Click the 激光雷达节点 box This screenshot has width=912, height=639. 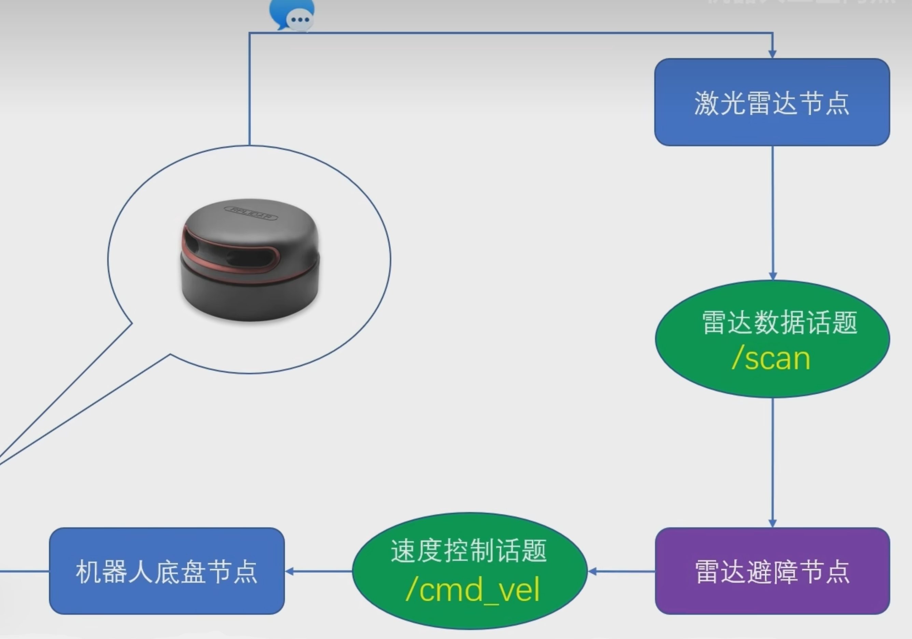coord(772,102)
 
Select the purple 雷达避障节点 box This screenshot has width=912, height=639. coord(772,571)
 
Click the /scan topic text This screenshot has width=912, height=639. coord(771,359)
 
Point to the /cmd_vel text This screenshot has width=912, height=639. coord(473,590)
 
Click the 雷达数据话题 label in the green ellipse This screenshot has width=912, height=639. coord(779,322)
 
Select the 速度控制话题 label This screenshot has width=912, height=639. coord(469,551)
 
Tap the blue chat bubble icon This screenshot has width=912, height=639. coord(292,14)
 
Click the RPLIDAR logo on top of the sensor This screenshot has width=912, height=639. coord(251,213)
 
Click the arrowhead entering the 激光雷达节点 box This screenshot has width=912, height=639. coord(772,54)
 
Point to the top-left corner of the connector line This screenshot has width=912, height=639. coord(250,33)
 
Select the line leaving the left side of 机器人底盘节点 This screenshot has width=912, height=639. coord(24,571)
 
